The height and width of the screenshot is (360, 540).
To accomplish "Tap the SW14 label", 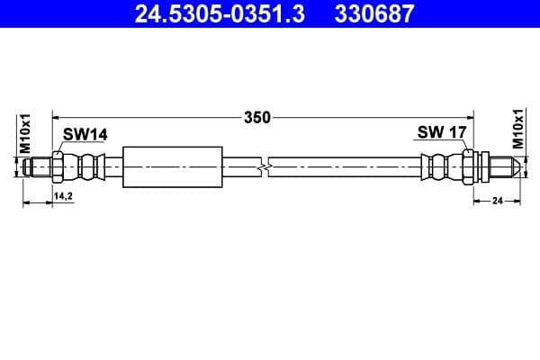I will (85, 134).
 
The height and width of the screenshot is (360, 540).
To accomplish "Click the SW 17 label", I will (441, 133).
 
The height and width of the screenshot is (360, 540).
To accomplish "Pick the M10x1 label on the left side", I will (25, 132).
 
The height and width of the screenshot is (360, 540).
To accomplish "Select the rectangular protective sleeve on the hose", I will (171, 167).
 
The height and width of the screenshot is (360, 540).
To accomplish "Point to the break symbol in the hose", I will (262, 167).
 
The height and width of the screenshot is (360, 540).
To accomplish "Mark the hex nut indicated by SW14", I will (58, 167).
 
